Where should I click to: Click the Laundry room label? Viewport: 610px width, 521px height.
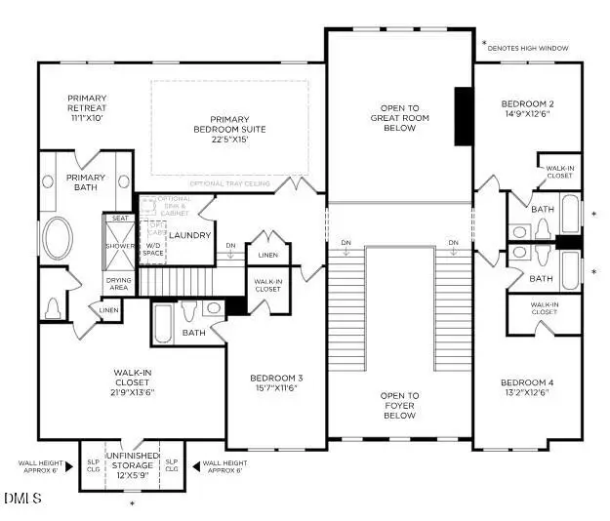tap(188, 235)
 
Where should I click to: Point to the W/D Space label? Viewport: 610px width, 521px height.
tap(152, 250)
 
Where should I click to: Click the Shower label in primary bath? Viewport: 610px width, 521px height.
tap(119, 247)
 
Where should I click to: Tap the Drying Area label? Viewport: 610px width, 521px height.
tap(119, 284)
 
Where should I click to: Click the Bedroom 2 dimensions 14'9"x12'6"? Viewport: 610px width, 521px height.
tap(527, 115)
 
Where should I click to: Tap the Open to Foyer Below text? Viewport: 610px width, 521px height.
tap(400, 405)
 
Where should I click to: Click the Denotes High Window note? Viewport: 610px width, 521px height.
tap(539, 48)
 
